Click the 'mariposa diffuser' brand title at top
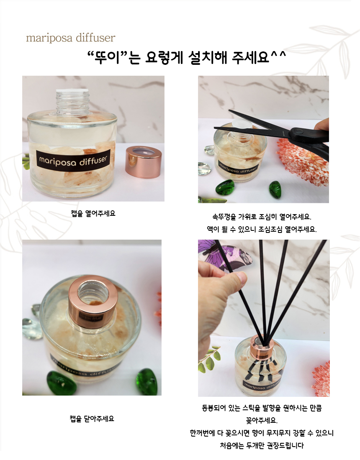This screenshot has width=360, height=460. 70,38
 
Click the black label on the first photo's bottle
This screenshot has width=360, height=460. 73,161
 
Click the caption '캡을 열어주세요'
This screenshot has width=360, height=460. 93,213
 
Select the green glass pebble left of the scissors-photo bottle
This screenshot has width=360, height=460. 225,187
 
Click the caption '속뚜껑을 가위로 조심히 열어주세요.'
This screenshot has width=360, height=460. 262,217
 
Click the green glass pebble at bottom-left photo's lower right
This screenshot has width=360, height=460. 147,382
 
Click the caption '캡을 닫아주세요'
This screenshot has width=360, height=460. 92,419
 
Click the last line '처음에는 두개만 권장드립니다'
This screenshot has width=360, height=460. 262,445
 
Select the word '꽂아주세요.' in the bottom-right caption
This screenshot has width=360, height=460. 262,420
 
